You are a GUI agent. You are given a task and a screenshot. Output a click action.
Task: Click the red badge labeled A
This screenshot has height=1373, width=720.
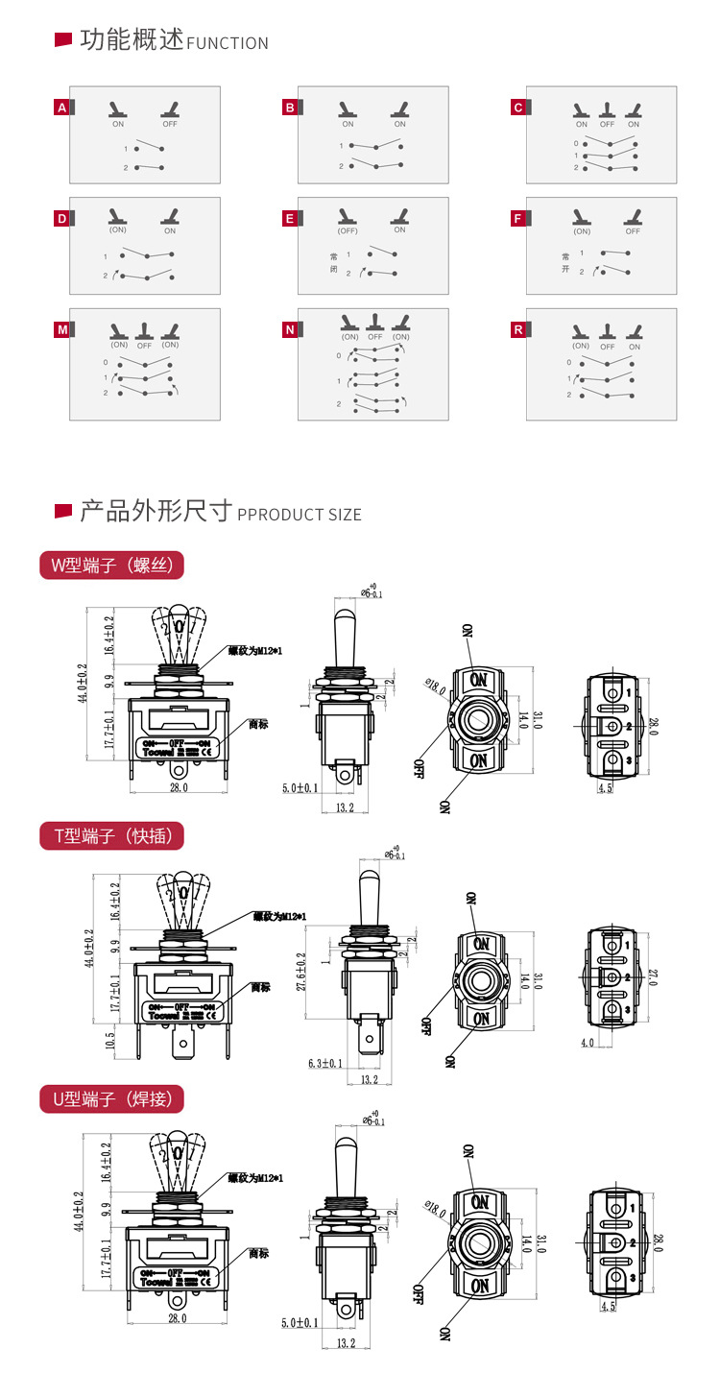coord(62,108)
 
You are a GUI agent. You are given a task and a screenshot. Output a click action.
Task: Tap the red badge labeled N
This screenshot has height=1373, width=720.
coord(290,330)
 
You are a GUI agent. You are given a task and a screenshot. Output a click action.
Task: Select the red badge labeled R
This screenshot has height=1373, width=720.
coord(518,330)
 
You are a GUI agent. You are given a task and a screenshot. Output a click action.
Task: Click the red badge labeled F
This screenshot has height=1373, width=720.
coord(518,219)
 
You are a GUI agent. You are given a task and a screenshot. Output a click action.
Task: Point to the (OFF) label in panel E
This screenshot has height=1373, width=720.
coord(348,230)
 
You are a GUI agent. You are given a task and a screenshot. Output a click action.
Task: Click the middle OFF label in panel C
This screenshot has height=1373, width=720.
coord(607,124)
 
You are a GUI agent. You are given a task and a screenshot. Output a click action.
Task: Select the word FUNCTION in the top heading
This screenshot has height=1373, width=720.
coord(228,43)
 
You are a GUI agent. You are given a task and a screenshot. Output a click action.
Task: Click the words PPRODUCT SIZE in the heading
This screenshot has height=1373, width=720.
coord(300,515)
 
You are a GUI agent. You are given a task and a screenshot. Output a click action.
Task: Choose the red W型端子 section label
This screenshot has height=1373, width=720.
coord(110,566)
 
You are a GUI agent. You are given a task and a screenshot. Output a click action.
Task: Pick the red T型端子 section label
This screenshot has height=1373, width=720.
coord(110,836)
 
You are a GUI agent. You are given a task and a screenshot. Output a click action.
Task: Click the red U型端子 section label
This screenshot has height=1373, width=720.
coord(110,1099)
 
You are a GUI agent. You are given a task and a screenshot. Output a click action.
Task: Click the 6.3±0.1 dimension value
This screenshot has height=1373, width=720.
coord(324,1063)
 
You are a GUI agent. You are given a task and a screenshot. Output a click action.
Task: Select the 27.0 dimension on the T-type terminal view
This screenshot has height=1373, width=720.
coord(652,978)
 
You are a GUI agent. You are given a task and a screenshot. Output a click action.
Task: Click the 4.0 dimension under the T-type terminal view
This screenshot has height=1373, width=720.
coord(588,1042)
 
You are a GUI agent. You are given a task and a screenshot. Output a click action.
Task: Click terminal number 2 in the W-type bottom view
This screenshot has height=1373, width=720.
coord(629,727)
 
